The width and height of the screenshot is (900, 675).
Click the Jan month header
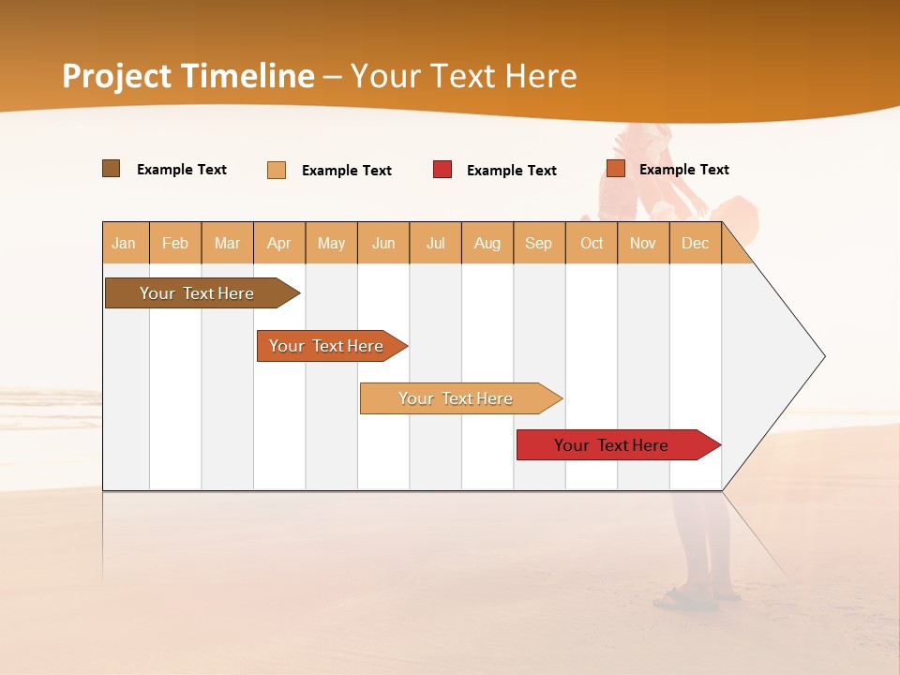[125, 243]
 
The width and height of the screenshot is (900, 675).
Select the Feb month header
[175, 243]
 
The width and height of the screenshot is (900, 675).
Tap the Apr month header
[279, 243]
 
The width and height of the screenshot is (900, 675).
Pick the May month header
[331, 243]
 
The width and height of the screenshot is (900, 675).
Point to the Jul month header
[436, 243]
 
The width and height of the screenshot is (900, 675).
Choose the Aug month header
[487, 243]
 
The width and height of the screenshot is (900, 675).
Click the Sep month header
[539, 243]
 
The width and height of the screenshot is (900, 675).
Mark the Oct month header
[592, 243]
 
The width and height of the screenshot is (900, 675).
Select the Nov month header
[643, 243]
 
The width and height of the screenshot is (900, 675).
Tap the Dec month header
[696, 243]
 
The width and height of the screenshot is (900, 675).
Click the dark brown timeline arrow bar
[198, 293]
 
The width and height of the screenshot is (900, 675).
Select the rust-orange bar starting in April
[327, 346]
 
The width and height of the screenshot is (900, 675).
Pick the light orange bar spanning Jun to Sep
[457, 398]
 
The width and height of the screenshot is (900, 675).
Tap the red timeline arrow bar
[612, 445]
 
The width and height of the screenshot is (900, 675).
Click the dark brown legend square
[112, 169]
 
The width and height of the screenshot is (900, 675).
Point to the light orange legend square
[277, 170]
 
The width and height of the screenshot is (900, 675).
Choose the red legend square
[442, 170]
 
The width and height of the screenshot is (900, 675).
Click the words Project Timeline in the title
[188, 76]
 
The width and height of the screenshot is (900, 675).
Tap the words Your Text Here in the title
[464, 76]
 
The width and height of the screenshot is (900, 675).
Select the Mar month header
[228, 243]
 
